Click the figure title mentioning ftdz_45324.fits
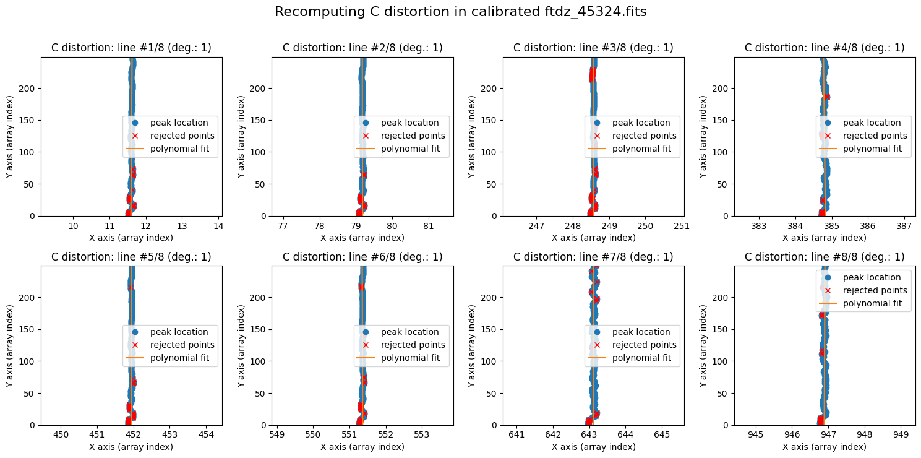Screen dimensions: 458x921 coord(460,12)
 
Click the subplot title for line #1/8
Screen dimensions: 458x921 coord(131,48)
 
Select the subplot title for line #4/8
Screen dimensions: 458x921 coord(825,48)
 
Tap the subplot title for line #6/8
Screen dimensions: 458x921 coord(362,257)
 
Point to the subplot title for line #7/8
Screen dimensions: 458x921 coord(593,257)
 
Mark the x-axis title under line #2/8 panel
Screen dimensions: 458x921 coord(362,238)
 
